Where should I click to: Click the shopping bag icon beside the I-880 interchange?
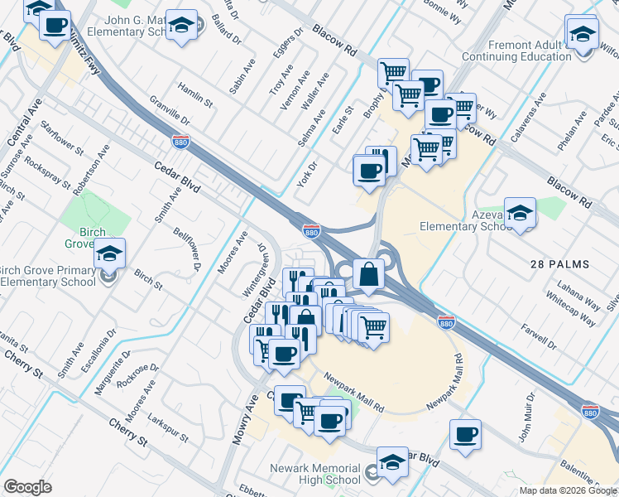367,273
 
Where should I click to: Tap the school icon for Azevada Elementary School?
520,213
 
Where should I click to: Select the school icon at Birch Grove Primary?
108,255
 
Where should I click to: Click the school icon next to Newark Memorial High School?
392,461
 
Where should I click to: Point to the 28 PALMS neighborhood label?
559,264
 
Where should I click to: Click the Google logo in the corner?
27,487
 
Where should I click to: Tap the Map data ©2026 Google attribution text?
567,490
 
